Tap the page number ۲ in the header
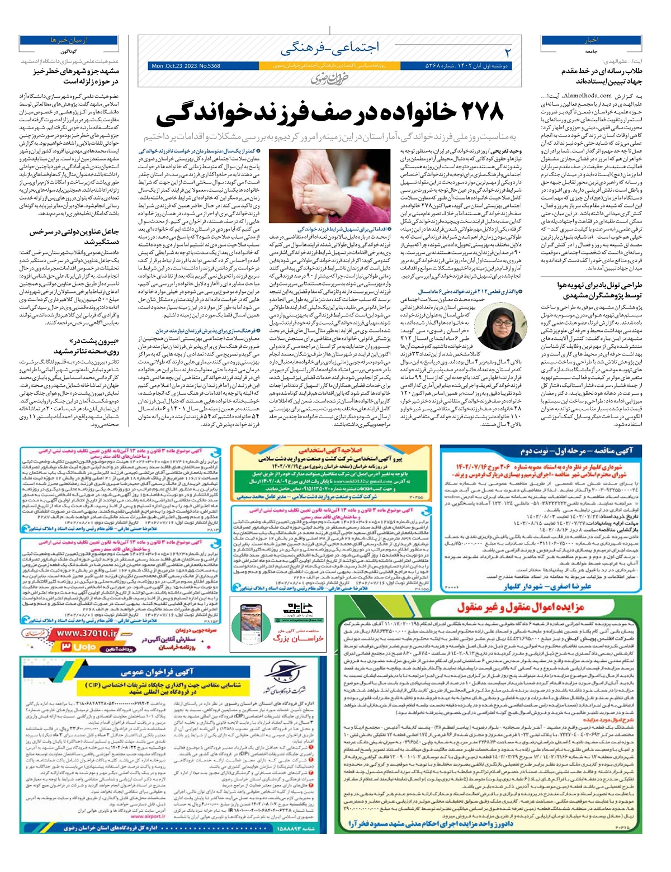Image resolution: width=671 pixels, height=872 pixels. (x=507, y=53)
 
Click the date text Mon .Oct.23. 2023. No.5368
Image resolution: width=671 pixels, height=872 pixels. (x=186, y=66)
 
